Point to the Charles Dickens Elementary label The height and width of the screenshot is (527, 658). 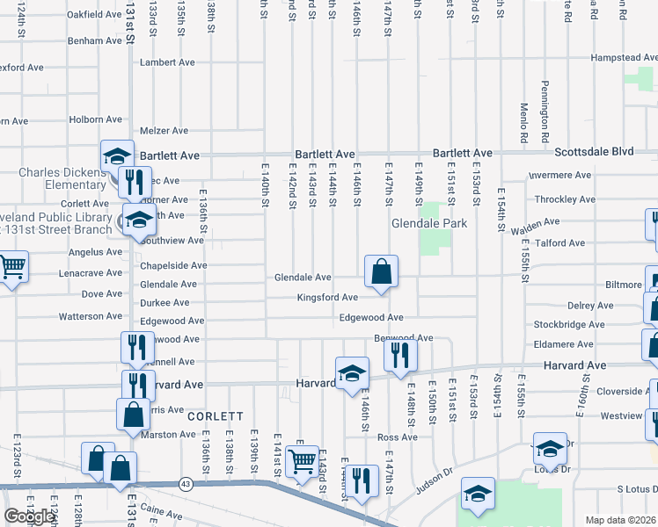click(62, 178)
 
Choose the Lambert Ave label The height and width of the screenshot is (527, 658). click(167, 62)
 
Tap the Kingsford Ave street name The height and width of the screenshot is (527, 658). click(326, 298)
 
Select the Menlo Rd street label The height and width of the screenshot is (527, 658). click(523, 124)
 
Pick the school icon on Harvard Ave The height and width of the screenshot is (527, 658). click(351, 372)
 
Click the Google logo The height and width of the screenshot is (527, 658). click(29, 516)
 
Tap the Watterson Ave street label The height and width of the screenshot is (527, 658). click(91, 316)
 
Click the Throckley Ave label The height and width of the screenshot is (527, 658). click(565, 199)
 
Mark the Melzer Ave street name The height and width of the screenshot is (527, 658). click(164, 131)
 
